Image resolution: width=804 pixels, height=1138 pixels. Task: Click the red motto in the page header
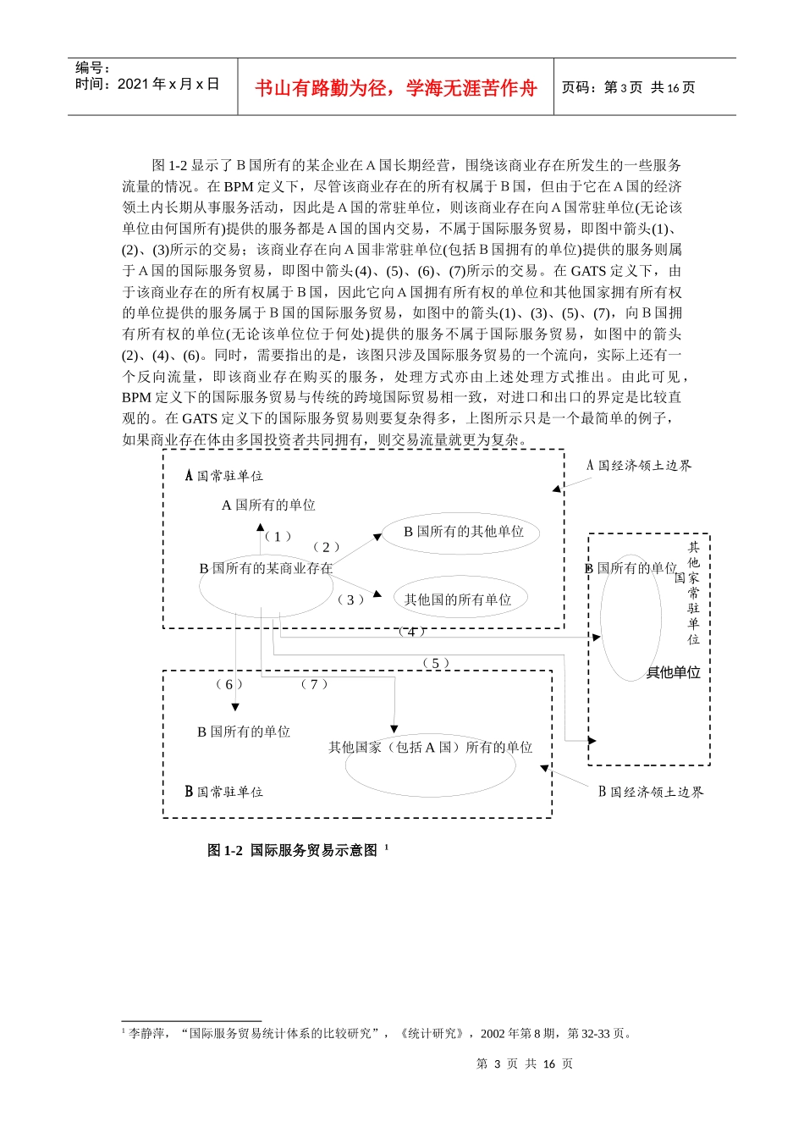(395, 88)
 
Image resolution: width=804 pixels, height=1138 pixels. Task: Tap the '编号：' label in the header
(93, 68)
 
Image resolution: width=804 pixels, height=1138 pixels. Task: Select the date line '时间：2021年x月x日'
(147, 84)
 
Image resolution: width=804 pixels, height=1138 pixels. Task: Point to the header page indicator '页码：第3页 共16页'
(628, 87)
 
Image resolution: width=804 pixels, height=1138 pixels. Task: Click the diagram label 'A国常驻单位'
(224, 476)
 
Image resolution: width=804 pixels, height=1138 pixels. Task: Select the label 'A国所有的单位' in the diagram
(268, 505)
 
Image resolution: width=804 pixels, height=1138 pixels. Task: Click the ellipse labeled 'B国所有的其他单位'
(463, 532)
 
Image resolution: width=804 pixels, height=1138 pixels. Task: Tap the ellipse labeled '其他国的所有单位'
(458, 599)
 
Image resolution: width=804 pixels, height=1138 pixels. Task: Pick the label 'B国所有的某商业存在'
(266, 568)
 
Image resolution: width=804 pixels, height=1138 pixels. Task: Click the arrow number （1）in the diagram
(278, 537)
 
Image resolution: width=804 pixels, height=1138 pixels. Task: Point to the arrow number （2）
(326, 548)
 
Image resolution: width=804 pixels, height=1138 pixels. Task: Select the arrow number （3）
(350, 599)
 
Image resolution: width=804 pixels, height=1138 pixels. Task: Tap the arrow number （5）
(435, 663)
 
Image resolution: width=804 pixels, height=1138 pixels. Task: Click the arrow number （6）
(229, 684)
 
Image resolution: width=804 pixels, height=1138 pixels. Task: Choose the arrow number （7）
(314, 684)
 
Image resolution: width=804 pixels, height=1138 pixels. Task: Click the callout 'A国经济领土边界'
(639, 466)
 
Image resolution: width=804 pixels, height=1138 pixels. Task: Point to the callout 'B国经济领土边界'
(651, 792)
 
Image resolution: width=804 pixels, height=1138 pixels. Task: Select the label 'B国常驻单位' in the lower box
(224, 792)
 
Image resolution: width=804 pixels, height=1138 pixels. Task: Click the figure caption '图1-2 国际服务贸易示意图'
(292, 850)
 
